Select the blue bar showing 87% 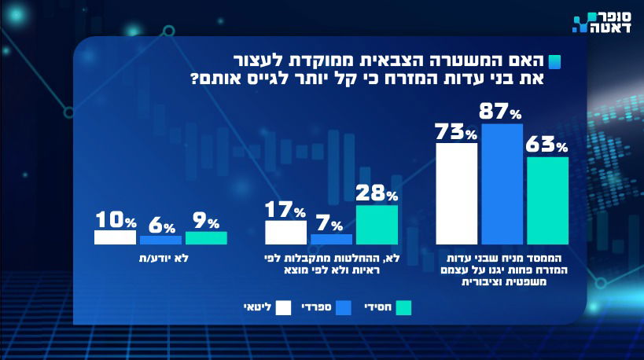pyautogui.click(x=502, y=184)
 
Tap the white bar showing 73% pyautogui.click(x=456, y=193)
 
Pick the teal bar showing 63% pyautogui.click(x=547, y=200)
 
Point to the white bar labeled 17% pyautogui.click(x=285, y=233)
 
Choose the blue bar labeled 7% pyautogui.click(x=331, y=240)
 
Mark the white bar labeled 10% pyautogui.click(x=115, y=237)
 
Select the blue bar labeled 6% pyautogui.click(x=160, y=241)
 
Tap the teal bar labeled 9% pyautogui.click(x=206, y=238)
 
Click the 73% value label pyautogui.click(x=456, y=132)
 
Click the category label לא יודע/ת pyautogui.click(x=160, y=257)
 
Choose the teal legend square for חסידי pyautogui.click(x=405, y=307)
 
